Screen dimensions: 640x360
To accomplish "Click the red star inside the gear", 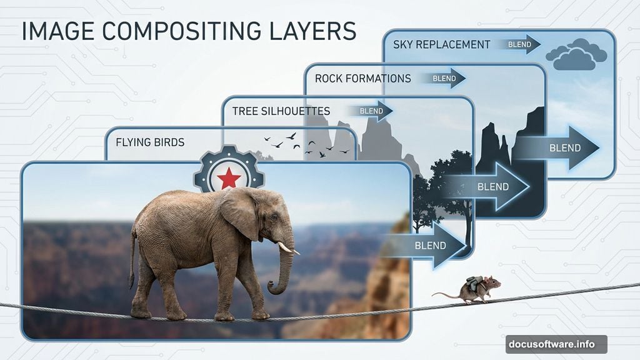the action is coord(229,178).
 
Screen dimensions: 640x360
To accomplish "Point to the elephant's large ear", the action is coord(241,212).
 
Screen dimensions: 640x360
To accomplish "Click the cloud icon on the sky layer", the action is coord(576,54).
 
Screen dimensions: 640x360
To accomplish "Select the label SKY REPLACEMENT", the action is coord(442,44).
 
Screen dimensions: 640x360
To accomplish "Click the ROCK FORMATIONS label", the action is coord(363,78).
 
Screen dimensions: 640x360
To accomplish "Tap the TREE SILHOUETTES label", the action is coord(281,111).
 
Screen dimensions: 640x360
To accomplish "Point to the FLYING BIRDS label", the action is coord(150,142).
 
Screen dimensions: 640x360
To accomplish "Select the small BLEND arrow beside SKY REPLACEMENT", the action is coord(518,44).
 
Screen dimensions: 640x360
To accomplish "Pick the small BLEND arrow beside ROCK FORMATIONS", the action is coord(443,78).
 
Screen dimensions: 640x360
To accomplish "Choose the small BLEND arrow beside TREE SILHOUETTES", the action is coord(370,111).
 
